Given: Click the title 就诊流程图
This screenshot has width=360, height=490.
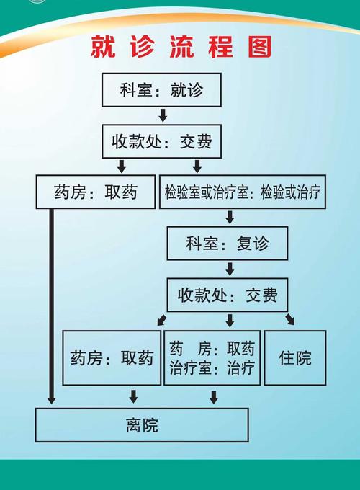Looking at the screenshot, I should (181, 47).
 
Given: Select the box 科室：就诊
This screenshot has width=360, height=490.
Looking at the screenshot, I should (161, 90).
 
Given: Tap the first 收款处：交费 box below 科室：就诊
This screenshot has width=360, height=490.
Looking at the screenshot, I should (161, 141).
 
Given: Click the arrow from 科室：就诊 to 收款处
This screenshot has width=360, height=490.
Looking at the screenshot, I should (163, 115).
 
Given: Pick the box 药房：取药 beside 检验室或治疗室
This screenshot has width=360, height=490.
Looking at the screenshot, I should (96, 192).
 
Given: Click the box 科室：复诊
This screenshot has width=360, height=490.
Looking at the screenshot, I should (228, 244).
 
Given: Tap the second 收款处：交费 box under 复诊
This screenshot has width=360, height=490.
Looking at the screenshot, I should (228, 295).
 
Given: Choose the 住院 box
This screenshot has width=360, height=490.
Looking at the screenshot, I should (295, 357).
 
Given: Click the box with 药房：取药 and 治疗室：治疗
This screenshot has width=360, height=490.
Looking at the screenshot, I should (212, 358).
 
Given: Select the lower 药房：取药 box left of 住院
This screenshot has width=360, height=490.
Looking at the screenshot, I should (112, 357).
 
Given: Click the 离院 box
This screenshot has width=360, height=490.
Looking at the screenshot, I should (142, 425).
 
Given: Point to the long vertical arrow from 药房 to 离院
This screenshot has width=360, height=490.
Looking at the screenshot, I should (51, 303).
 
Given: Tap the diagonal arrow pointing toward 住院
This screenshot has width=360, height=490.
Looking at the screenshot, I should (289, 319).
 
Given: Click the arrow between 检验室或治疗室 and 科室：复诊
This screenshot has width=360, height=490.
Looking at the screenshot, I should (230, 217).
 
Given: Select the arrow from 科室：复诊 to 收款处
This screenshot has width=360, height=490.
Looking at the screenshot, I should (230, 269).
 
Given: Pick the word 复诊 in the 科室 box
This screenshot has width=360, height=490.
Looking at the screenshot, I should (252, 244).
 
